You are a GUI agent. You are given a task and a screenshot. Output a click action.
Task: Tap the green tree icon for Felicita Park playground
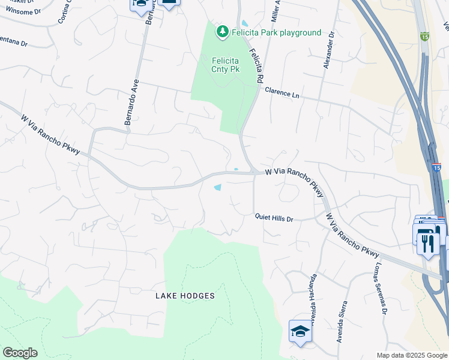click(x=223, y=31)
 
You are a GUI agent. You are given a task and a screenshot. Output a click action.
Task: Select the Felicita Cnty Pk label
click(x=225, y=65)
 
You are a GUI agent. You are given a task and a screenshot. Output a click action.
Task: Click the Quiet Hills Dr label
click(x=274, y=219)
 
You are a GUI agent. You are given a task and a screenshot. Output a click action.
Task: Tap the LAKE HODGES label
click(x=185, y=296)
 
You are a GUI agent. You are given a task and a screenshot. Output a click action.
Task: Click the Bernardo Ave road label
click(x=132, y=102)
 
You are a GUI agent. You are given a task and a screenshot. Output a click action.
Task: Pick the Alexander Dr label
click(x=328, y=52)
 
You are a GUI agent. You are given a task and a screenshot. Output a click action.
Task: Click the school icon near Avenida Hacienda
click(x=300, y=331)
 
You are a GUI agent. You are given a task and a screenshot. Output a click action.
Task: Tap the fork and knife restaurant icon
click(x=427, y=242)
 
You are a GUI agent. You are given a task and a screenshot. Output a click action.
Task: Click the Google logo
click(x=20, y=353)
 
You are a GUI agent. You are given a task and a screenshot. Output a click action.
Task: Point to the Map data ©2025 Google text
click(x=411, y=355)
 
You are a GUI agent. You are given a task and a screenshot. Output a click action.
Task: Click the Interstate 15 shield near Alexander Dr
click(x=424, y=37)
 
